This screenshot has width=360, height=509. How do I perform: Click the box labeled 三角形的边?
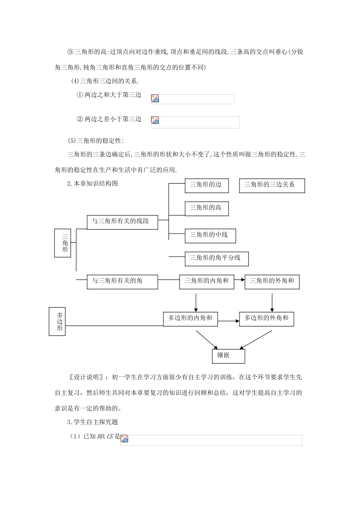coord(207,186)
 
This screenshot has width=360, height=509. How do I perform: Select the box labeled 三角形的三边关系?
coord(272,186)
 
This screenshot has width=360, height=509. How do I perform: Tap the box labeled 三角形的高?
coord(207,209)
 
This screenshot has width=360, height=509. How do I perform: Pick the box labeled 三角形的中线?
coord(210,236)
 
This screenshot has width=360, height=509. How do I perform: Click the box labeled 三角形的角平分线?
coord(217,259)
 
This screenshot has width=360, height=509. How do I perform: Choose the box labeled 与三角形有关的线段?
coord(122,222)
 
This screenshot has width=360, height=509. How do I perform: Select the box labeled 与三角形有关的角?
coord(122,282)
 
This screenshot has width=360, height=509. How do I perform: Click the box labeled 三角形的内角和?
coord(207,282)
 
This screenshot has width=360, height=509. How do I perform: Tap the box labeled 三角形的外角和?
coord(272,282)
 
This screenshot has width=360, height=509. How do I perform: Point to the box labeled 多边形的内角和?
coord(190,319)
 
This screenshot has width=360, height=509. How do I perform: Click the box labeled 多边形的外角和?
coord(266,319)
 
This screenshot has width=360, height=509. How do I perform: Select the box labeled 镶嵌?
coord(229,356)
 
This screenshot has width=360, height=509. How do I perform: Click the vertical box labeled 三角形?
coord(63,243)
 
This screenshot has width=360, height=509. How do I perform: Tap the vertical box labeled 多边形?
coord(57,322)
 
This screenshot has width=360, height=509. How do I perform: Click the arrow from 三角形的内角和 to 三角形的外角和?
coord(239,280)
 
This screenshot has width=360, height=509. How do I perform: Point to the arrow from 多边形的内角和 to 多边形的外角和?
coord(229,321)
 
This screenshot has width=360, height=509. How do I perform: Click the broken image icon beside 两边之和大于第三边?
coord(155,98)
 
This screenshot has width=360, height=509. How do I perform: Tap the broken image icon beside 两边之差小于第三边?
coord(155,120)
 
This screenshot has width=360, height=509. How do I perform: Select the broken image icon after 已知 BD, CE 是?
coord(124,439)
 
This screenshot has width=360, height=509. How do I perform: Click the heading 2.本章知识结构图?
coord(92,183)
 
